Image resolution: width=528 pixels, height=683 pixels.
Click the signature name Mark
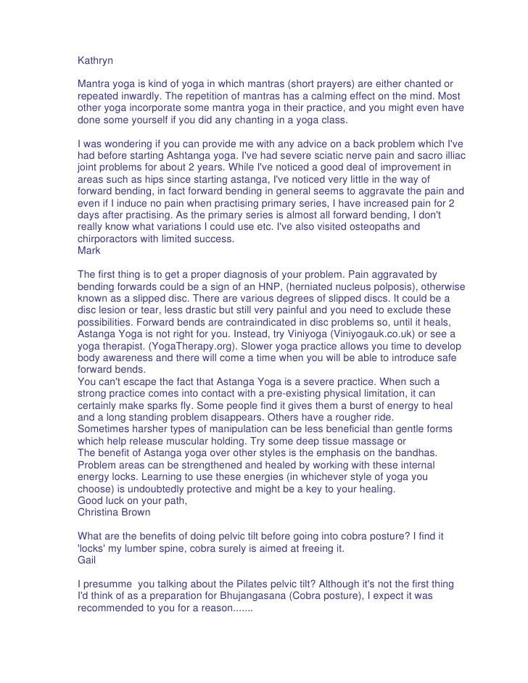[89, 250]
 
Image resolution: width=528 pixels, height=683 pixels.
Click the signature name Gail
[87, 558]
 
